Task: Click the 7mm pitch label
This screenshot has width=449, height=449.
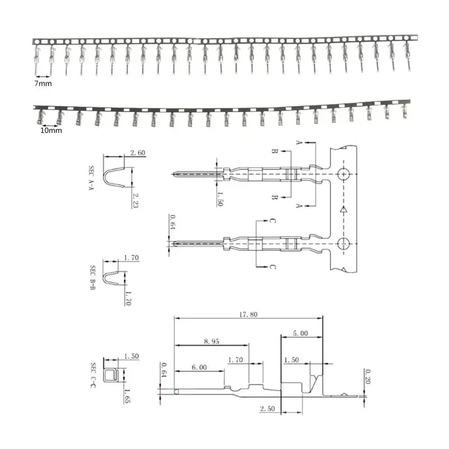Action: pyautogui.click(x=43, y=83)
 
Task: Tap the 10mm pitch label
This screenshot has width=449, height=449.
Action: pyautogui.click(x=51, y=130)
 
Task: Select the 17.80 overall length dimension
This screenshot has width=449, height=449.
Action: pyautogui.click(x=248, y=315)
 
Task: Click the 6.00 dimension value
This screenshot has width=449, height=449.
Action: pyautogui.click(x=199, y=368)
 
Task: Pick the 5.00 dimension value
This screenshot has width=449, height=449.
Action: pyautogui.click(x=301, y=333)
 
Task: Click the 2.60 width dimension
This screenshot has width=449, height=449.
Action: pyautogui.click(x=138, y=153)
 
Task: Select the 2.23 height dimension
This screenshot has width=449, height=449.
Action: pyautogui.click(x=135, y=200)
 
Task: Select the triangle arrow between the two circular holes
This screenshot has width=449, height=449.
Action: pyautogui.click(x=343, y=209)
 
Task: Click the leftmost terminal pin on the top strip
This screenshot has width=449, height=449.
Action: pyautogui.click(x=36, y=57)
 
